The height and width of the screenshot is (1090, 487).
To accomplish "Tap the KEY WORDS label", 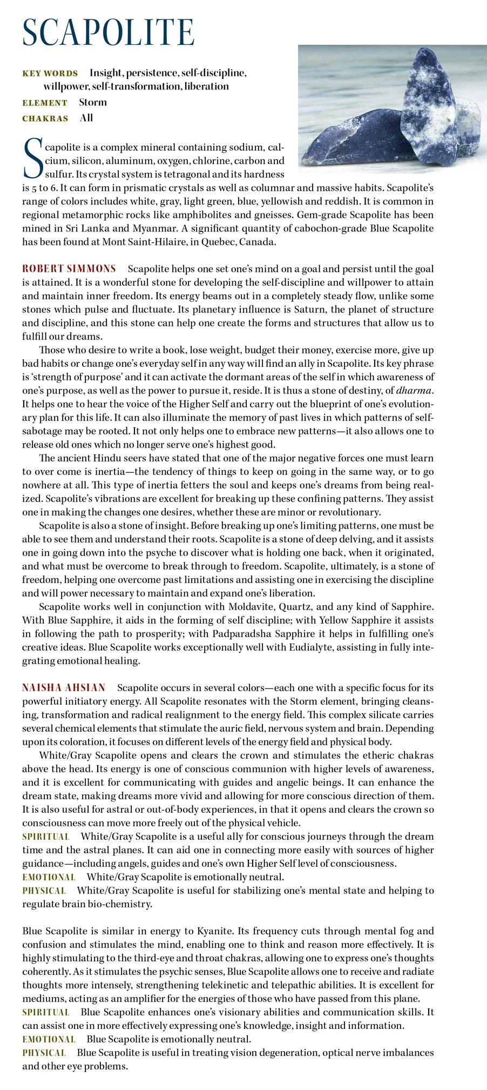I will click(50, 73).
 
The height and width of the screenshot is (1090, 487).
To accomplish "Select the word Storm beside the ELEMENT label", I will click(93, 102).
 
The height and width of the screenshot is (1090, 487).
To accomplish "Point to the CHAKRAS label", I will click(45, 118).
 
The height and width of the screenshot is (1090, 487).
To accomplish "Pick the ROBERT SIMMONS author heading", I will click(69, 269).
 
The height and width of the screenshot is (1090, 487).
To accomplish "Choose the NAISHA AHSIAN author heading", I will click(64, 687).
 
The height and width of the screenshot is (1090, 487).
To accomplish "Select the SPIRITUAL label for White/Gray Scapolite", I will click(46, 836).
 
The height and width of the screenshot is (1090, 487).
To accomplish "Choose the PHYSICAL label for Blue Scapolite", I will click(44, 1052).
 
